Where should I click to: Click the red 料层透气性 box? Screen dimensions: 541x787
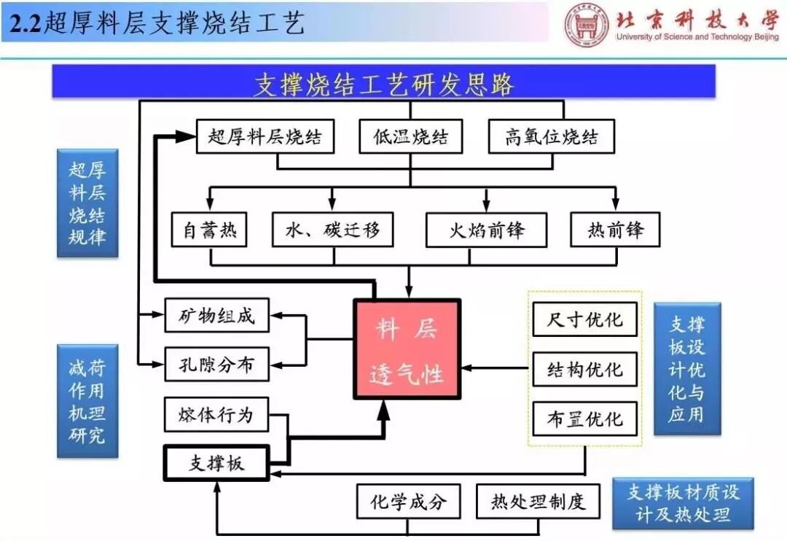point(407,349)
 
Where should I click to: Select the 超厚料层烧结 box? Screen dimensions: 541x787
point(265,136)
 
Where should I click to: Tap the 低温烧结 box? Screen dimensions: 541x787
point(411,136)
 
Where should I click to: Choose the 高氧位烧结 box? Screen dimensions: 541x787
point(552,136)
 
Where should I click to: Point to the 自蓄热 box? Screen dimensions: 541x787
point(210,230)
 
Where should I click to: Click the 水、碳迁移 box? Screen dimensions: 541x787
point(333,230)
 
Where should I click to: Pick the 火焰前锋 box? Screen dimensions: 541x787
point(486,230)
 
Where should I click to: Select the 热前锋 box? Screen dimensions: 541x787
point(615,230)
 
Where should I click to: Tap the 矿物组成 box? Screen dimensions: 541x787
point(217,317)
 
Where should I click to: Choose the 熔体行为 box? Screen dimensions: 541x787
point(216,414)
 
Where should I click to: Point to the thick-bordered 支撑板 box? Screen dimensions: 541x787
point(216,462)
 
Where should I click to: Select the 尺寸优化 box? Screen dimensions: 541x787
point(584,319)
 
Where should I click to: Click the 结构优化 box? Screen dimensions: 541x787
point(584,370)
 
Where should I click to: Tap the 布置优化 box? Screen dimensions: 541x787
point(584,419)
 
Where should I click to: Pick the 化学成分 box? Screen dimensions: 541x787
point(408,502)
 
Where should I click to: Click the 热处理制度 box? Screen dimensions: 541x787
point(538,502)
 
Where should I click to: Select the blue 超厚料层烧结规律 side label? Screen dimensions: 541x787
point(87,203)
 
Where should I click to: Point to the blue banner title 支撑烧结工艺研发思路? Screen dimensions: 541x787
point(383,83)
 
